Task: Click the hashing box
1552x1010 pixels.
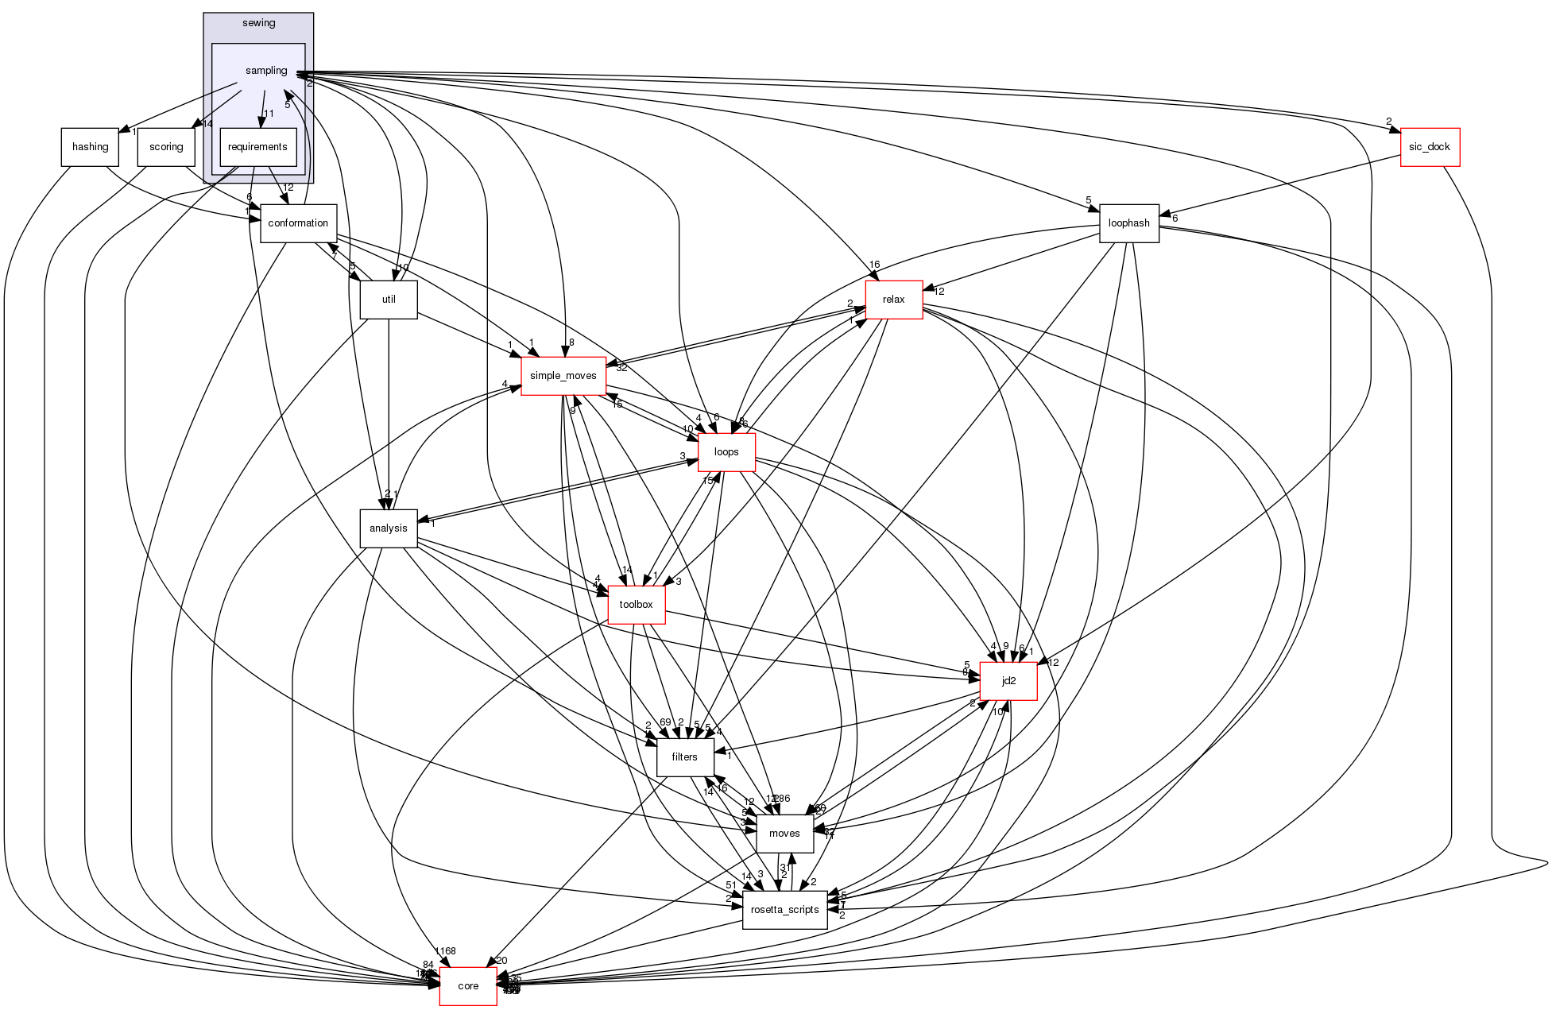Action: pos(90,147)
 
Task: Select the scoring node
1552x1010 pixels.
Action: pos(166,147)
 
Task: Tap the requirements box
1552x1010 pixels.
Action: pos(257,147)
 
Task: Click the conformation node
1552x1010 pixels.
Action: pos(298,223)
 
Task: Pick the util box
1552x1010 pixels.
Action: pos(389,300)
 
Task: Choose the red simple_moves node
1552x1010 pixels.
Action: pos(563,376)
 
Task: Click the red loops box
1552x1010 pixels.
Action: pos(726,452)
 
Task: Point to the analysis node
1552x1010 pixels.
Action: pos(389,528)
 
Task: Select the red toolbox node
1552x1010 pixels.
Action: pos(636,605)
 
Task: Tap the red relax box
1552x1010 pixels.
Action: pos(894,300)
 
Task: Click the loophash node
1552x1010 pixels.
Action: pos(1128,223)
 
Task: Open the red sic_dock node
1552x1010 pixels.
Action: pos(1430,147)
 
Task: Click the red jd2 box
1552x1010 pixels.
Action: pos(1008,681)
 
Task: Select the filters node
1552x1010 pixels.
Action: pos(684,757)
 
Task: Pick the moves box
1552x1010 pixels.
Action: pos(784,834)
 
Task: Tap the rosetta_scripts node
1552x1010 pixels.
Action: pos(785,910)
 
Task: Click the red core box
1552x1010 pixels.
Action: pos(468,986)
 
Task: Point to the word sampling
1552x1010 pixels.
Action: pos(266,71)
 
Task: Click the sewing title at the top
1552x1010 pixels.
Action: pos(258,23)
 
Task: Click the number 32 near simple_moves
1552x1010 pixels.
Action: pos(621,368)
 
